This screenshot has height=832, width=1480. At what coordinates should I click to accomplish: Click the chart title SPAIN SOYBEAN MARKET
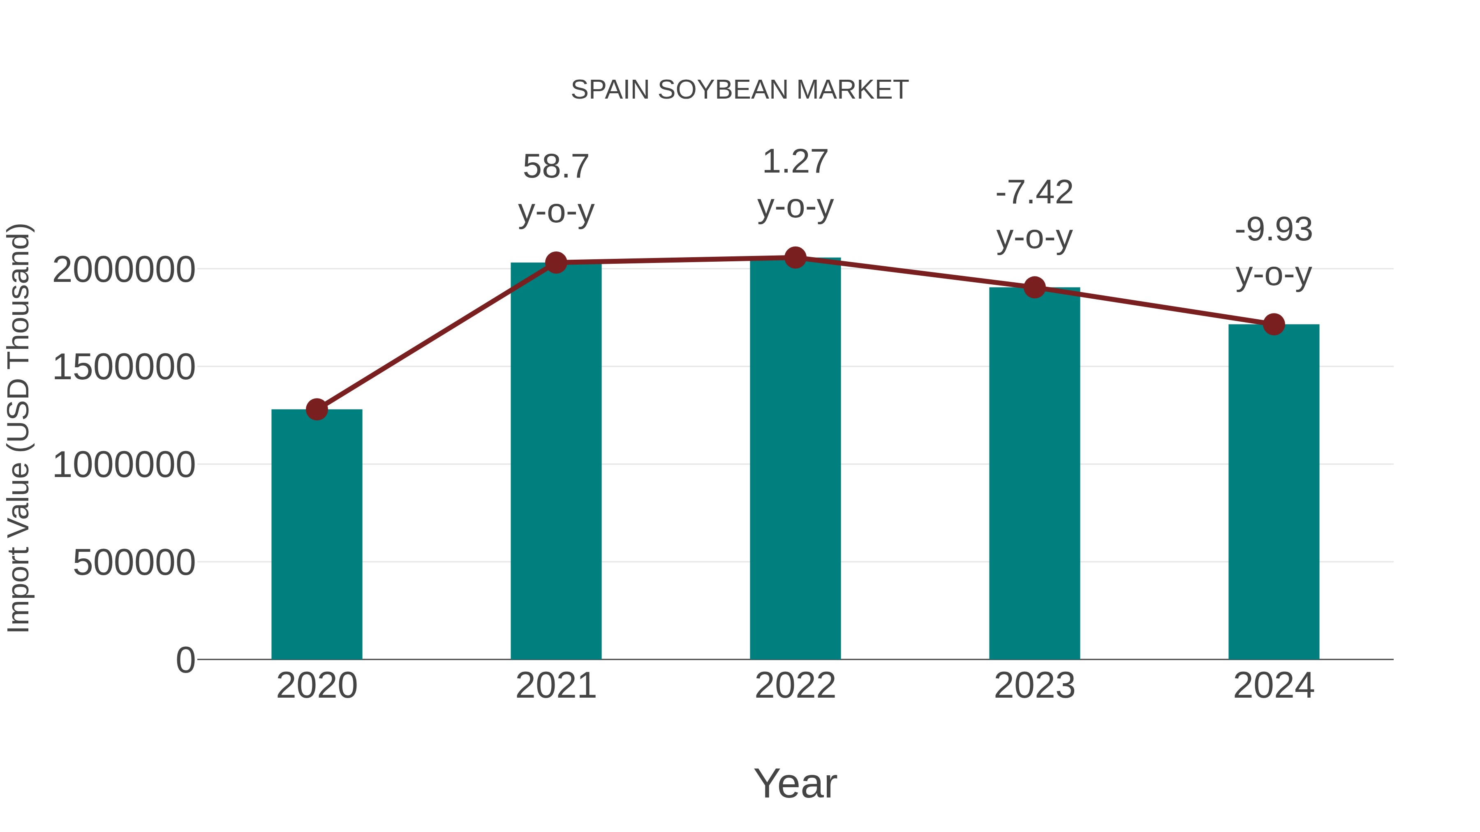coord(740,90)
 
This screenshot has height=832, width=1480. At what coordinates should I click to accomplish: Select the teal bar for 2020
coord(317,534)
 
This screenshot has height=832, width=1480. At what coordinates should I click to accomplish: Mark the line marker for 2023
coord(1034,287)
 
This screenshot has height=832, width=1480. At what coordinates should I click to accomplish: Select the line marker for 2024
coord(1274,325)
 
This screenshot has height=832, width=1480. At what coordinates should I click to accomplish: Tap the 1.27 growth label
coord(795,162)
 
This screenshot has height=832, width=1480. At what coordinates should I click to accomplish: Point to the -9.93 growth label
coord(1274,230)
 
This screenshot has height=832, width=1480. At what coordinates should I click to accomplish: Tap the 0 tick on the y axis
coord(185,660)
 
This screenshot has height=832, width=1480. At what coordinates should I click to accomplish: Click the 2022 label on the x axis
coord(795,686)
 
